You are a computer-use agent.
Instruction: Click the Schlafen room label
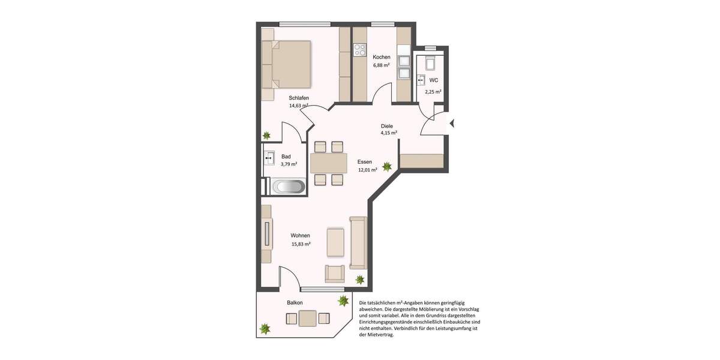298,98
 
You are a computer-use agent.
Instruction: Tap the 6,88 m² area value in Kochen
382,65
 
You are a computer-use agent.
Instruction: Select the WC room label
433,80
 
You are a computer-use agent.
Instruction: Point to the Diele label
386,126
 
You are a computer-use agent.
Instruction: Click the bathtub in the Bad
289,187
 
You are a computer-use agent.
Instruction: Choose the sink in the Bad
269,159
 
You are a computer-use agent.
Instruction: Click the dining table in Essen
329,163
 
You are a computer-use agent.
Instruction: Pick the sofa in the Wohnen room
358,242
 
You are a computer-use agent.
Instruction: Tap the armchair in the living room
335,273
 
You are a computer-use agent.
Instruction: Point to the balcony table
308,319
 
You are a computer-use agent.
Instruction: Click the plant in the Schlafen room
266,135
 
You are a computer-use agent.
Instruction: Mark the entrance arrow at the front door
452,124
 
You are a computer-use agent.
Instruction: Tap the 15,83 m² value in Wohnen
300,244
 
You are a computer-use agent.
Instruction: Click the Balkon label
295,302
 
